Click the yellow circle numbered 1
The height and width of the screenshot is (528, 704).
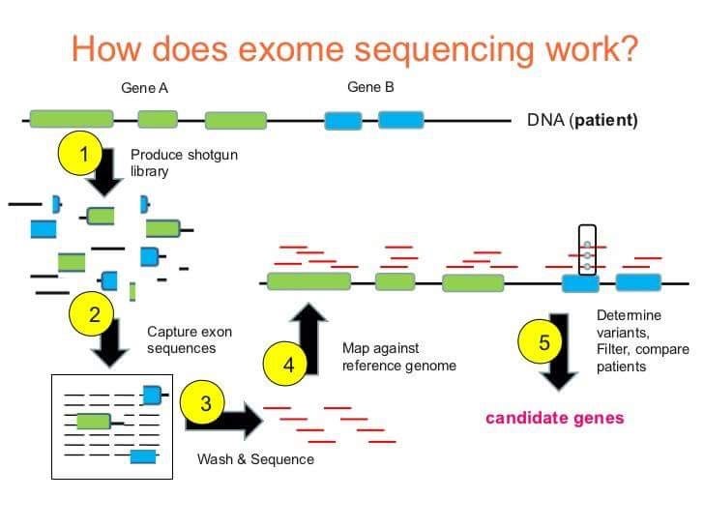(x=84, y=155)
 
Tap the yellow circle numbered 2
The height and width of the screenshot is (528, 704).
(x=94, y=313)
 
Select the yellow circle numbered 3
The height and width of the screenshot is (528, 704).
(x=205, y=403)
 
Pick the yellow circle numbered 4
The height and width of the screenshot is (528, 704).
(x=288, y=365)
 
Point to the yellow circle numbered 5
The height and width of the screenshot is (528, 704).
(x=543, y=341)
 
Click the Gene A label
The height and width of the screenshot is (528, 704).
(x=145, y=88)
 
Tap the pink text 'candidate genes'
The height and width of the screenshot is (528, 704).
(x=554, y=418)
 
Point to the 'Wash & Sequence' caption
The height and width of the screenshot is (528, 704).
(x=255, y=458)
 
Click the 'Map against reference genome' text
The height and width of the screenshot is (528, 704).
(x=398, y=356)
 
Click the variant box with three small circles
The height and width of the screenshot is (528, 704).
(x=586, y=248)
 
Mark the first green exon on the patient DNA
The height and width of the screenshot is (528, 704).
(x=71, y=120)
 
